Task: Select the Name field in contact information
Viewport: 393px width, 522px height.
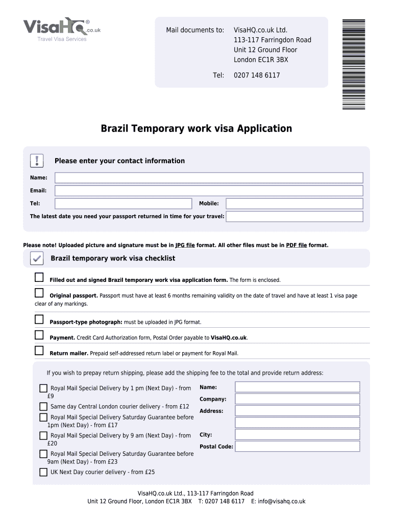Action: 209,178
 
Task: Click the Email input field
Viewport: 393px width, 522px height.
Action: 209,191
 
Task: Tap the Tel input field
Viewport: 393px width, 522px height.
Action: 123,203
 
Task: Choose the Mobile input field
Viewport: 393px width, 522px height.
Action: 294,203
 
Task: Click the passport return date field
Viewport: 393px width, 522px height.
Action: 294,217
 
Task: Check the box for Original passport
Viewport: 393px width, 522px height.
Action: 39,293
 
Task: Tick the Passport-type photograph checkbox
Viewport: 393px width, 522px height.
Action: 39,320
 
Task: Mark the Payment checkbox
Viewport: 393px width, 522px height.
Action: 39,335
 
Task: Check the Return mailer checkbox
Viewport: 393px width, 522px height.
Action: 39,351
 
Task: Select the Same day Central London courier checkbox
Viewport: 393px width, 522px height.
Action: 43,407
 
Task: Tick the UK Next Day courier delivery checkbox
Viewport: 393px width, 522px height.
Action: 43,472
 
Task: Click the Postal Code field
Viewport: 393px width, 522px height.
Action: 298,447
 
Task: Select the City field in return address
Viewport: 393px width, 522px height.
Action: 298,435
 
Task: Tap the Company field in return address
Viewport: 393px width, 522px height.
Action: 298,399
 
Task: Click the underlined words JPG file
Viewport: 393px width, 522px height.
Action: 185,245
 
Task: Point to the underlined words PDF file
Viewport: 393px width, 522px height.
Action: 296,245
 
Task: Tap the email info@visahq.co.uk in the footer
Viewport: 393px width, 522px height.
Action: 281,502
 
